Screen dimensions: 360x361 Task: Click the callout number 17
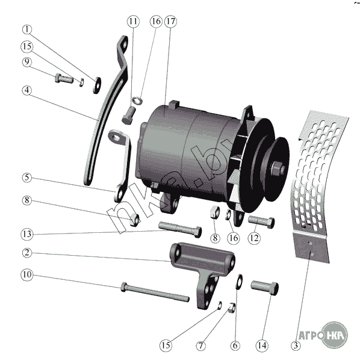(171, 22)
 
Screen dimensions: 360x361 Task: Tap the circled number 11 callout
(133, 22)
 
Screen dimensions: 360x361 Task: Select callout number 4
(27, 90)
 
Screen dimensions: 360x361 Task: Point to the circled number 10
(27, 274)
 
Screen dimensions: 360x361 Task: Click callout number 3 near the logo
(296, 345)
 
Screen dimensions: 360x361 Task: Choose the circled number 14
(262, 345)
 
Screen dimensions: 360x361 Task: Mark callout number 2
(27, 253)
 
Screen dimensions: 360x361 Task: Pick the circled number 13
(27, 234)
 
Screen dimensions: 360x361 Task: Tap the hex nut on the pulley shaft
(278, 168)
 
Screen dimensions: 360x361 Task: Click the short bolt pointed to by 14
(265, 288)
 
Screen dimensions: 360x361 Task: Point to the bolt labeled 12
(261, 221)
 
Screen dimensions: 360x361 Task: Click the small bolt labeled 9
(64, 78)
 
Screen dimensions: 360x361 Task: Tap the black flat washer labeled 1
(97, 85)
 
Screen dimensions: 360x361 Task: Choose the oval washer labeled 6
(239, 282)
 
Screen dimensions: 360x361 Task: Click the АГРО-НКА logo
(323, 335)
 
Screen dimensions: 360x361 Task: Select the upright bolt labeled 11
(128, 115)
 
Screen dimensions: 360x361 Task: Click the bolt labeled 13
(180, 229)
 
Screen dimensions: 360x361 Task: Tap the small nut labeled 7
(232, 307)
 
